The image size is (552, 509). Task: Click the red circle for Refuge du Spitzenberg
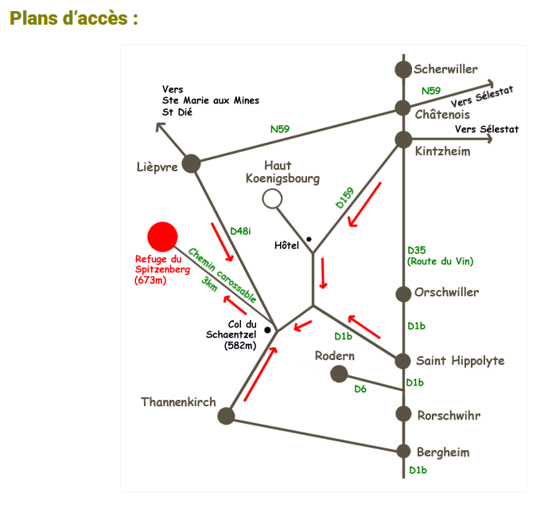click(163, 236)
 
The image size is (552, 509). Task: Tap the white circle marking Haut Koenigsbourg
click(272, 198)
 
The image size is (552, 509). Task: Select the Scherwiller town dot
click(403, 69)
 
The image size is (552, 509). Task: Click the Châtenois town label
click(443, 114)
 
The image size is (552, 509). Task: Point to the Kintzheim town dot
click(403, 140)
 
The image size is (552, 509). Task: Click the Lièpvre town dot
click(191, 163)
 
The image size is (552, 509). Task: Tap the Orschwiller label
click(446, 292)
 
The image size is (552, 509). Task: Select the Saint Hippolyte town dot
click(403, 361)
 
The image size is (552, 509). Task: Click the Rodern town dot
click(339, 374)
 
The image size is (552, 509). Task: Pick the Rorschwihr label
click(449, 415)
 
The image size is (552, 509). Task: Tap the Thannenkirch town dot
click(226, 415)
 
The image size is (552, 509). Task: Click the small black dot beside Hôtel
click(308, 240)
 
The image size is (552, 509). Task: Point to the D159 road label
click(344, 198)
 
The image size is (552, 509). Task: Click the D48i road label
click(240, 231)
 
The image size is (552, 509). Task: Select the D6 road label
click(360, 389)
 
